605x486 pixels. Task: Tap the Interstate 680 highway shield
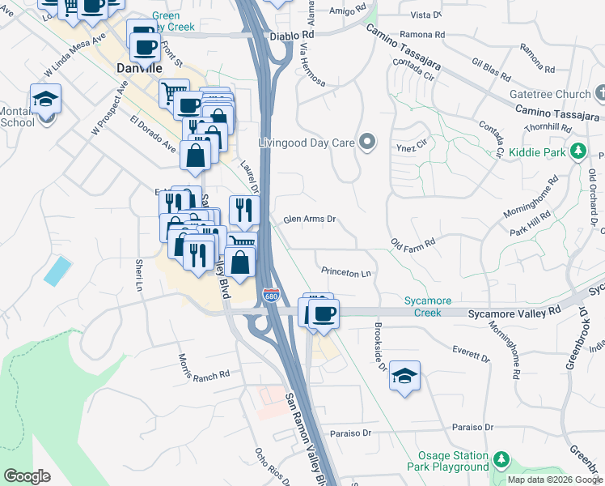pos(271,296)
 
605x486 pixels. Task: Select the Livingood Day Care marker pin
pos(367,143)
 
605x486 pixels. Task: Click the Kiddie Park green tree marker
pos(578,151)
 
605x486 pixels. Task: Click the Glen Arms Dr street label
pos(309,220)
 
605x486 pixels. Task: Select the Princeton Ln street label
pos(345,273)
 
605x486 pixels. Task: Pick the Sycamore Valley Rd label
pos(514,312)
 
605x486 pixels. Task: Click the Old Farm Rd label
pos(412,242)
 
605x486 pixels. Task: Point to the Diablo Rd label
pos(296,36)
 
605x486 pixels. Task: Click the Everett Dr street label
pos(472,353)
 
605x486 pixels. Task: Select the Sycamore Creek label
pos(428,306)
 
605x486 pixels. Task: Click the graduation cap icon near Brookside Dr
pos(404,377)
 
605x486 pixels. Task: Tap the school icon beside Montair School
pos(46,100)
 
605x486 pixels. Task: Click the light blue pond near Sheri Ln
pos(57,271)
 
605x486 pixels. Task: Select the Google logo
pos(27,476)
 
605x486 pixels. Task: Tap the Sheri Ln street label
pos(139,275)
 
